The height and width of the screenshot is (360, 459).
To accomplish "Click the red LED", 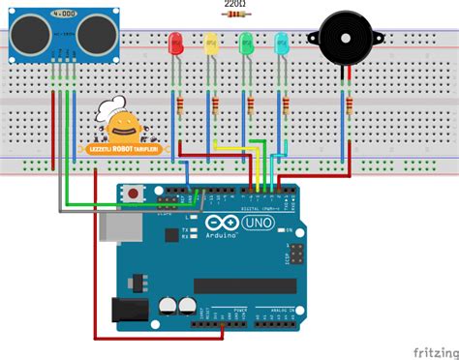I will click(176, 44).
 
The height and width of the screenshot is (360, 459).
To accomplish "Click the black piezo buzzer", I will click(344, 39).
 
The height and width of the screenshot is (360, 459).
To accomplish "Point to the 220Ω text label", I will click(234, 5).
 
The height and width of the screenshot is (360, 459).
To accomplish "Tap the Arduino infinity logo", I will click(218, 227).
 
